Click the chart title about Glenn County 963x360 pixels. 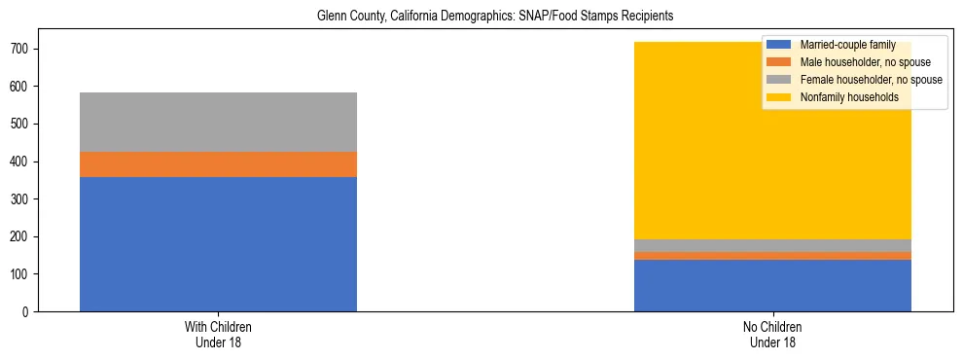coord(494,17)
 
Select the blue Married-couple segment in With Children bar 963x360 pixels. coord(218,244)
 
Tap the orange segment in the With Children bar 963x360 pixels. coord(218,164)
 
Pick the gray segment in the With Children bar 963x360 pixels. coord(218,122)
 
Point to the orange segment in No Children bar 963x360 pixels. coord(772,256)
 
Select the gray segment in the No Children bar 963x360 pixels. coord(772,245)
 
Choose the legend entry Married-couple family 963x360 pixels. coord(847,45)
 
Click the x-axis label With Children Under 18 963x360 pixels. coord(218,334)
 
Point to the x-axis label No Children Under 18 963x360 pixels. coord(772,334)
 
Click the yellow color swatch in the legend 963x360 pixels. coord(779,97)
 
